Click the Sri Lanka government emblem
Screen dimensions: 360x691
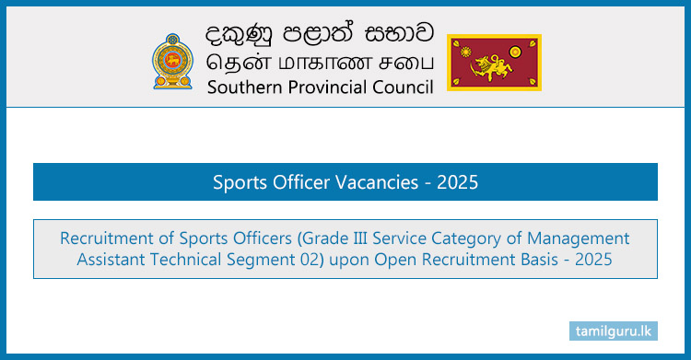click(173, 62)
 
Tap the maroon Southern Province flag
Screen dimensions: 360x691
click(494, 63)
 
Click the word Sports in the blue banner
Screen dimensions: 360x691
click(240, 182)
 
